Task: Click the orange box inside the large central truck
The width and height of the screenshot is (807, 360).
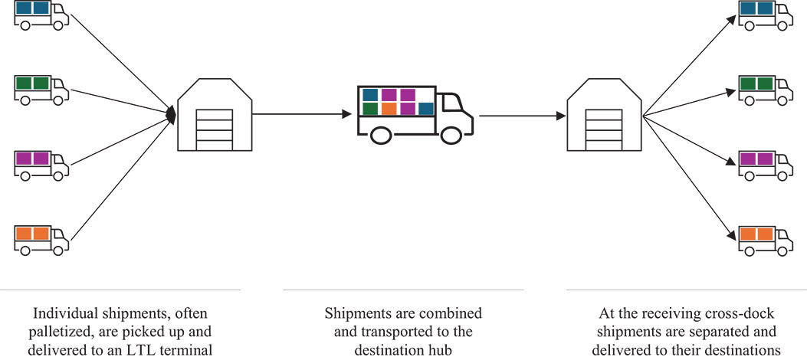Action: point(389,109)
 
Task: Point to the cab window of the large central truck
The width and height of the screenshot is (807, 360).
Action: point(451,102)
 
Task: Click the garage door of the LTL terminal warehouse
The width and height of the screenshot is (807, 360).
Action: point(215,130)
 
